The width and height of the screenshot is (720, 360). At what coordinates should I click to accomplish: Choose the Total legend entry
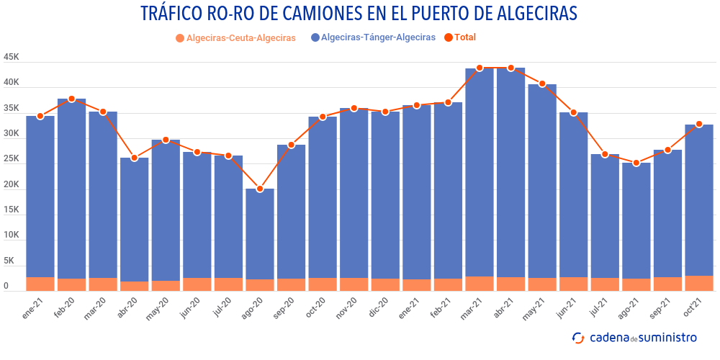[x=460, y=37]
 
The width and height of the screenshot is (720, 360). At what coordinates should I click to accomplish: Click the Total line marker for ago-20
[x=260, y=189]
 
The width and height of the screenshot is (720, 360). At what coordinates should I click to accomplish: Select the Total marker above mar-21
[x=480, y=68]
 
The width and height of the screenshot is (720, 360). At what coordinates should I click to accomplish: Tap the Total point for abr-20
[x=135, y=158]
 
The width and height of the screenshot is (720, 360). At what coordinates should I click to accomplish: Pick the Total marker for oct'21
[x=699, y=124]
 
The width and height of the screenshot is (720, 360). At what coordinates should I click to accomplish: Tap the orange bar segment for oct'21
[x=699, y=283]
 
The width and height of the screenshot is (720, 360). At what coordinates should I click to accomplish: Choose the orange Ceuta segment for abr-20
[x=135, y=286]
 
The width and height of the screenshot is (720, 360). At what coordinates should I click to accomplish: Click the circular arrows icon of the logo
[x=577, y=337]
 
